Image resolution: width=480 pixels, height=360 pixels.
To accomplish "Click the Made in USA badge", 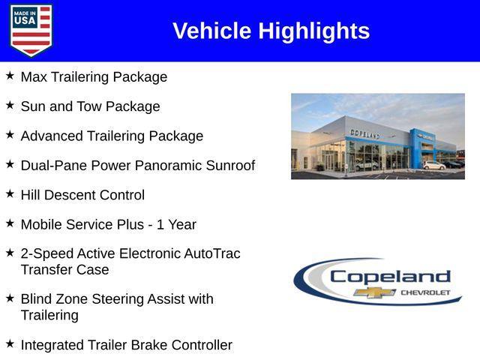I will [x=31, y=31].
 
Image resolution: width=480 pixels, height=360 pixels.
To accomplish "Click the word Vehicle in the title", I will [x=212, y=31].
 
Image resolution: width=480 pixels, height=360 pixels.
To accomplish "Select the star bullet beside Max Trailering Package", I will [x=10, y=76].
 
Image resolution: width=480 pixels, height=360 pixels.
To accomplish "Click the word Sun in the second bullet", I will [x=33, y=106].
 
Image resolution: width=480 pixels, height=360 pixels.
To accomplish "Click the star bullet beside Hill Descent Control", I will [x=10, y=193].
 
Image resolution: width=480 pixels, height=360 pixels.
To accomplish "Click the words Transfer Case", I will [x=64, y=269].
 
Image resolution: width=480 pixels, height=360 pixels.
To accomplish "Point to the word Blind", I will [x=37, y=298].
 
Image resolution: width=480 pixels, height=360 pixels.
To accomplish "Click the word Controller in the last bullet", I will [x=200, y=345].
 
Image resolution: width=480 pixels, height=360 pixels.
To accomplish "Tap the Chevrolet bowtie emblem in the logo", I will [x=375, y=292].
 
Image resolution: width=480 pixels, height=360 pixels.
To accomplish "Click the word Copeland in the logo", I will [x=390, y=276].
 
